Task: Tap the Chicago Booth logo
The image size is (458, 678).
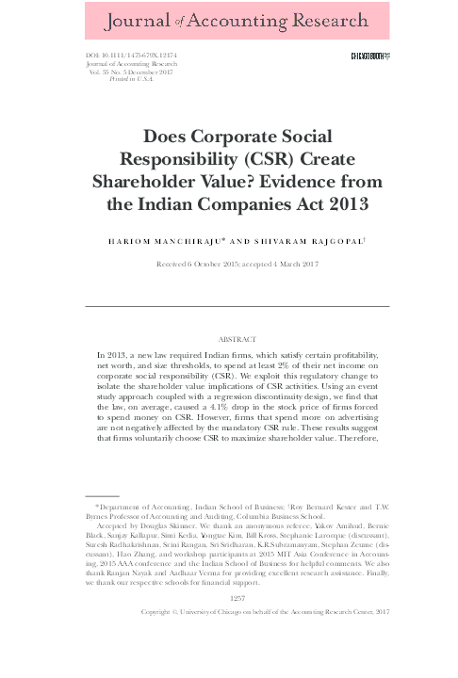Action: (x=369, y=57)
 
